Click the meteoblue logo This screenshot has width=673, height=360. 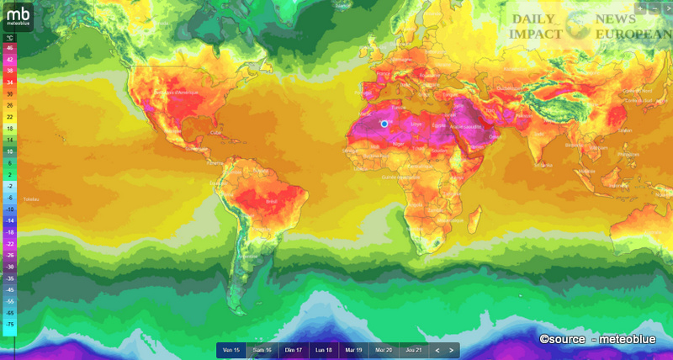pos(19,17)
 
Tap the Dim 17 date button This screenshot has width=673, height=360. pos(293,350)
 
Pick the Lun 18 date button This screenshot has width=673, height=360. pos(323,350)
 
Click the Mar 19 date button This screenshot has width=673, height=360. pos(353,350)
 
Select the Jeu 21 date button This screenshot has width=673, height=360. pos(412,350)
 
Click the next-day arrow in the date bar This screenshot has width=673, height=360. pos(452,350)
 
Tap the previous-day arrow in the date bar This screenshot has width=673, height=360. pos(437,350)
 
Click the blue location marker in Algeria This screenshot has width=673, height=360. pos(384,124)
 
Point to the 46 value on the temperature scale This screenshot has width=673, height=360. pos(9,49)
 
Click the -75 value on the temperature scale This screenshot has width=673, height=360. pos(9,323)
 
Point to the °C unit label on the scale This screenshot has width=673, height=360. pos(9,39)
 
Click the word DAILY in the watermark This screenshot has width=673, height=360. pos(532,19)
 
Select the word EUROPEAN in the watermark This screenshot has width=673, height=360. pos(632,34)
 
